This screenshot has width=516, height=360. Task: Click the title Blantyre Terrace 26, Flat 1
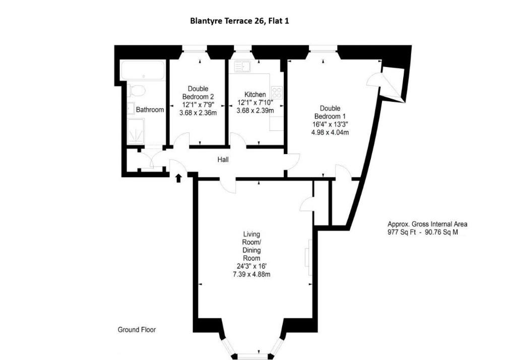[239, 21]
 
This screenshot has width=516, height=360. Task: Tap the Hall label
[223, 160]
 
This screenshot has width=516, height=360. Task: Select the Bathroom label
[150, 110]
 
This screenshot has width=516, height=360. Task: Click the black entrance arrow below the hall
[178, 178]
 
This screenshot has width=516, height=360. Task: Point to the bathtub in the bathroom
[143, 70]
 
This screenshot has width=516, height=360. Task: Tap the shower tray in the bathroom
[136, 131]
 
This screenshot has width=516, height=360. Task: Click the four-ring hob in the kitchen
[277, 92]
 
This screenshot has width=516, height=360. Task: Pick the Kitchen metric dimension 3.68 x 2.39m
[255, 111]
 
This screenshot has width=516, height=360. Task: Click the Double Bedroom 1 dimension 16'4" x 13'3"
[330, 124]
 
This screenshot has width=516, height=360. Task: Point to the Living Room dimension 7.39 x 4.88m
[251, 274]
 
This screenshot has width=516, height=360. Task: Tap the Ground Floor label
[137, 329]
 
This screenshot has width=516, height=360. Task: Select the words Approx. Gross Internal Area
[427, 224]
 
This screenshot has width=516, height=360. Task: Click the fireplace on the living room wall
[309, 257]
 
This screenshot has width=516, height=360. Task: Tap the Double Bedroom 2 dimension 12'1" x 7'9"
[198, 105]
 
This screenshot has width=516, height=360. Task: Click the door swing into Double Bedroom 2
[181, 140]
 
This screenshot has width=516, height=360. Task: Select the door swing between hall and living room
[228, 186]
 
